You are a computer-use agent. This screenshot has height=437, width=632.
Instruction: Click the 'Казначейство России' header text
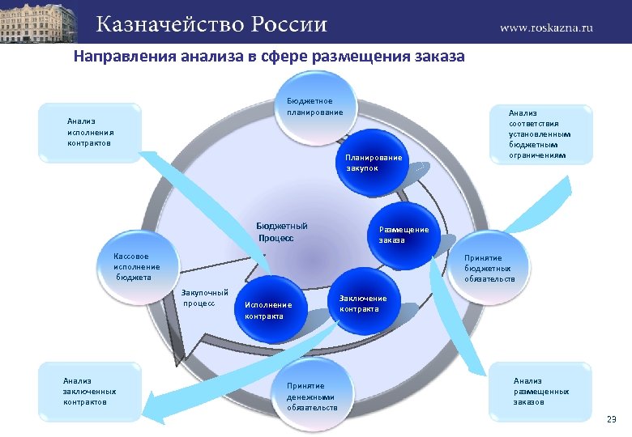point(212,23)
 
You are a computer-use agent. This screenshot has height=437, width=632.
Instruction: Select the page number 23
point(611,418)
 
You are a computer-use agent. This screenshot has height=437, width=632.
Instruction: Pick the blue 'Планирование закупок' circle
point(372,162)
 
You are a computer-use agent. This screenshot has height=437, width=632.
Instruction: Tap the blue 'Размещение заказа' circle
point(403,234)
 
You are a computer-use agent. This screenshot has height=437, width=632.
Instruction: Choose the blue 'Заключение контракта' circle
point(363,303)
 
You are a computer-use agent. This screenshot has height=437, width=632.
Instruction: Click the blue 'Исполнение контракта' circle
point(268,310)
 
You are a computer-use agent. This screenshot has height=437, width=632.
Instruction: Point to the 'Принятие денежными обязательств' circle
point(312,397)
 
